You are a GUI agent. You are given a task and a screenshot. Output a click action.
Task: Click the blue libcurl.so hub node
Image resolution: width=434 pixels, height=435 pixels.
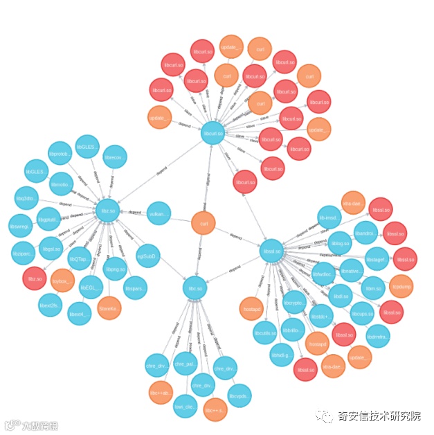213,133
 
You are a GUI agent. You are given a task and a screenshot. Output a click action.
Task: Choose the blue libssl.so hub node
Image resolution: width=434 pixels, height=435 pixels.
273,251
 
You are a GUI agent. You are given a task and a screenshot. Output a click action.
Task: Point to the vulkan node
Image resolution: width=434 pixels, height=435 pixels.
159,214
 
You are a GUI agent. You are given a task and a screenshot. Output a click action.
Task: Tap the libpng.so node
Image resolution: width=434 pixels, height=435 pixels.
115,269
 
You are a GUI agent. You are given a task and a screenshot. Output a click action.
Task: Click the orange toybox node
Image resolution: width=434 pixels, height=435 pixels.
62,281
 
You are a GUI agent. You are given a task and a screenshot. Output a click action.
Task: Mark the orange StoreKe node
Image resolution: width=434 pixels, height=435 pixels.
109,308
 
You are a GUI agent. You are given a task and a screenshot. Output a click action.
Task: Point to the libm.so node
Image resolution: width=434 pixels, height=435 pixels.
373,287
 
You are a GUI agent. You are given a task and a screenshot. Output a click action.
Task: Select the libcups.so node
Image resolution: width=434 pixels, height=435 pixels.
362,313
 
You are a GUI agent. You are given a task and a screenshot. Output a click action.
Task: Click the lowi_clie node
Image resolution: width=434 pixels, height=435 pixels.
185,407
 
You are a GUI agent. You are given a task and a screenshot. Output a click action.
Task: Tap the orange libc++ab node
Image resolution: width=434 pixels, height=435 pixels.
161,393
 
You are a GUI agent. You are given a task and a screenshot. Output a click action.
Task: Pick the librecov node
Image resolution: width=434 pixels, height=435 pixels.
115,157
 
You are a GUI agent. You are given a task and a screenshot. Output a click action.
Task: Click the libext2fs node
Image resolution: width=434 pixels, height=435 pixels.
51,305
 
